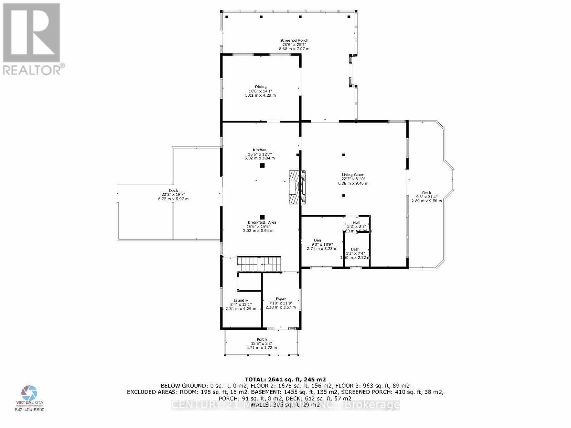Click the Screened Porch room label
294,41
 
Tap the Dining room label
261,87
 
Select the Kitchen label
259,150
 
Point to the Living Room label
353,175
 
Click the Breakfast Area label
262,223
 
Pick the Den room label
318,240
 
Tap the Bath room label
355,249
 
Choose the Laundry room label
241,300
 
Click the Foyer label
281,299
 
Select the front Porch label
262,340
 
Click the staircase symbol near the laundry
259,264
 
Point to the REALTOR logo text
34,69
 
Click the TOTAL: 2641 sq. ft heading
285,379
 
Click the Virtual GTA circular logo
29,392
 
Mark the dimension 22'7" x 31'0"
353,179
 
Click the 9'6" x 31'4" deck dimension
426,197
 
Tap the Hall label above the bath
357,223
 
